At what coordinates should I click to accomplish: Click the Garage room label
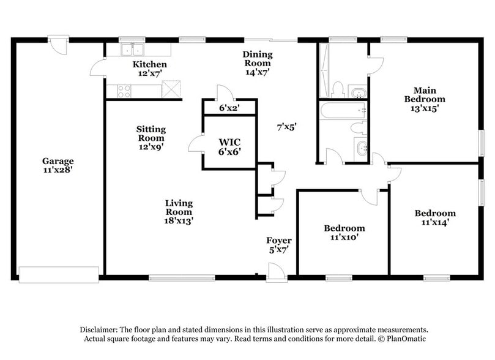click(x=58, y=161)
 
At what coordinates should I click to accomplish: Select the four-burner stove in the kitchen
click(x=123, y=91)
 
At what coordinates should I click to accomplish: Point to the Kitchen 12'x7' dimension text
click(x=149, y=73)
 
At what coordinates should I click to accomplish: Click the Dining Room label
click(x=258, y=59)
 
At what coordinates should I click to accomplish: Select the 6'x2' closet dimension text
click(x=229, y=108)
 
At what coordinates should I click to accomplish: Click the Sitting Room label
click(x=150, y=133)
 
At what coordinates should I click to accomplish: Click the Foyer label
click(x=278, y=240)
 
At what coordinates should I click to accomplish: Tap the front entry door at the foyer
click(x=277, y=271)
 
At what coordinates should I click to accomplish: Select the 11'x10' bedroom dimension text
click(x=344, y=238)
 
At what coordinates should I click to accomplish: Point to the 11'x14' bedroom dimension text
click(x=435, y=223)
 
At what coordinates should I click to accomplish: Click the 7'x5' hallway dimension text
click(x=286, y=127)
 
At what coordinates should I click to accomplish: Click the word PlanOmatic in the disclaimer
click(x=404, y=339)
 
